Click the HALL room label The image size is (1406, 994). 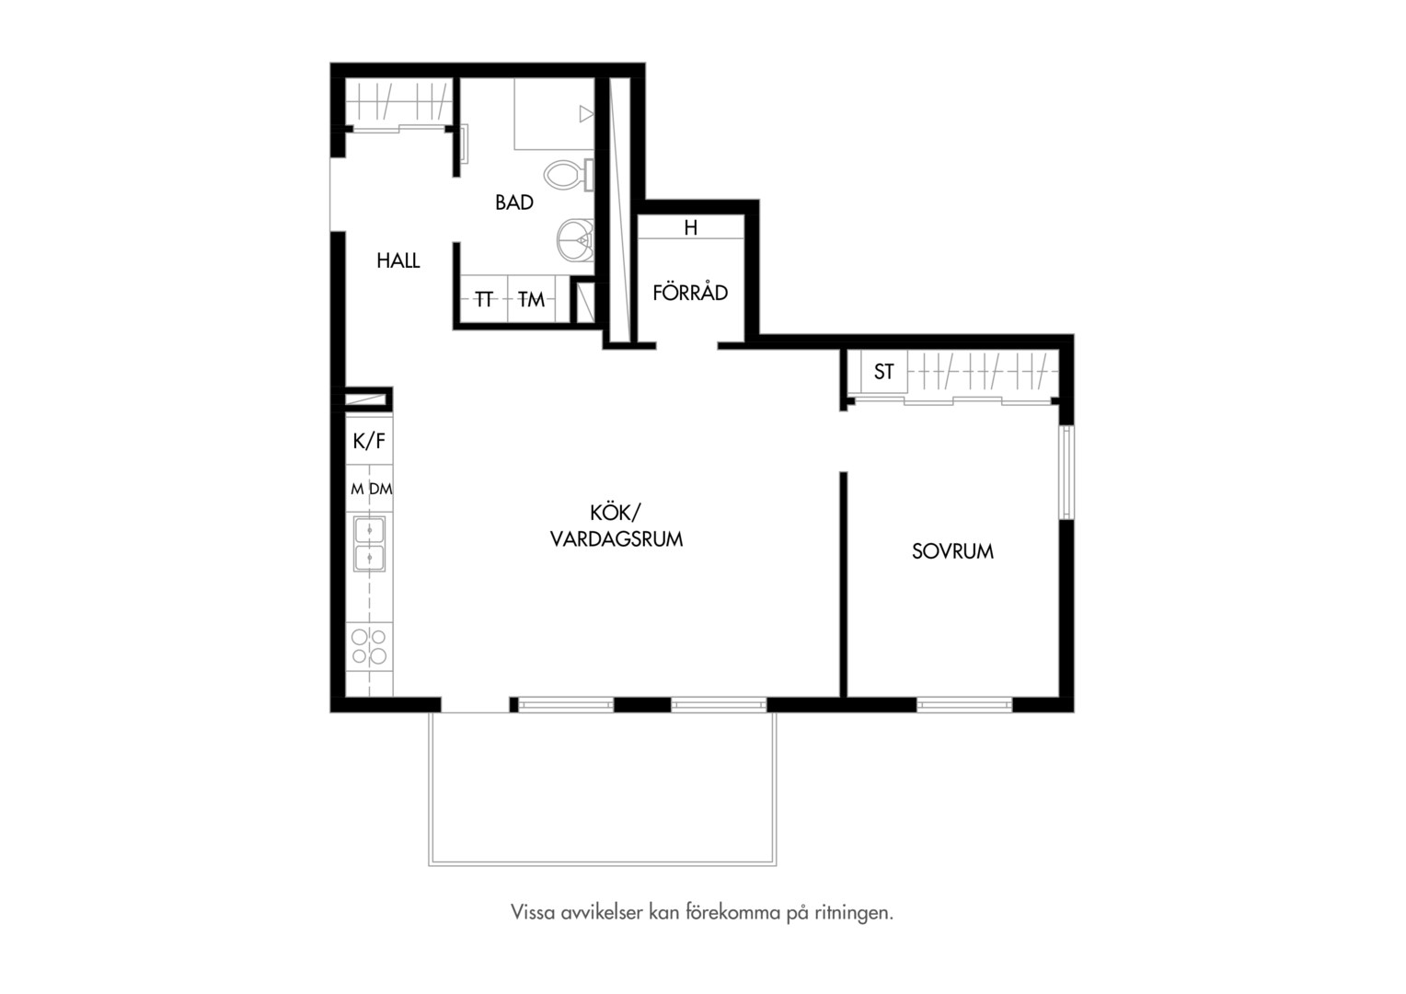click(398, 260)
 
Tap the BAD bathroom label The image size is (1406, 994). click(514, 202)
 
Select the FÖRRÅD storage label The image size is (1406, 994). click(690, 292)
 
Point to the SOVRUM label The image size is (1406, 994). click(952, 551)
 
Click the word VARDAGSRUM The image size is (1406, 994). click(617, 539)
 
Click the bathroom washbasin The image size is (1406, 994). click(575, 239)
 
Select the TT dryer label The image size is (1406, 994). click(483, 299)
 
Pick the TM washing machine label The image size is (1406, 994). click(531, 299)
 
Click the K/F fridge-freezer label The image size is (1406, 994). click(369, 442)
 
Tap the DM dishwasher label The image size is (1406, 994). click(380, 489)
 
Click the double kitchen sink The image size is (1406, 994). click(369, 544)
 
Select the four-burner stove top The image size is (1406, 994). click(369, 647)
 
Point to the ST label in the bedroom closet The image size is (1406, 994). click(883, 372)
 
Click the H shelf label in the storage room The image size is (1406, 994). click(690, 227)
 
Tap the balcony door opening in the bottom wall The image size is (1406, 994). click(475, 704)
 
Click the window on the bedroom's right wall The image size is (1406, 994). click(1066, 473)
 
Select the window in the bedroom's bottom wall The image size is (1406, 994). click(964, 704)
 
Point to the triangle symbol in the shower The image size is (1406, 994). click(586, 113)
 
